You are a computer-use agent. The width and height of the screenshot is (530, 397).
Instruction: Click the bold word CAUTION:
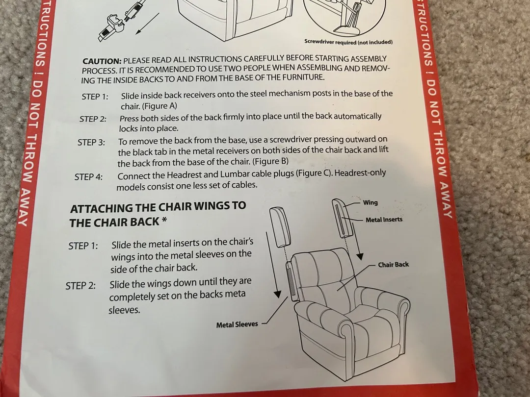(102, 61)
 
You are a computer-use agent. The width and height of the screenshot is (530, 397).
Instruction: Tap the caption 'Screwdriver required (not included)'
(348, 42)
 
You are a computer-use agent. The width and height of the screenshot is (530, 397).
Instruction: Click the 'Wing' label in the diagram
(371, 202)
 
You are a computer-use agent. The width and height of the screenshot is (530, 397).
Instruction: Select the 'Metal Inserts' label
(384, 220)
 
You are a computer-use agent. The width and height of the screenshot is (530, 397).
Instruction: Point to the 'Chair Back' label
(394, 265)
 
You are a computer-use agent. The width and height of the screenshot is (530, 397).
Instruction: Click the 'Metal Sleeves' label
(237, 324)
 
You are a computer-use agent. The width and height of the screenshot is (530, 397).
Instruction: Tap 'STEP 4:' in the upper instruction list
(88, 177)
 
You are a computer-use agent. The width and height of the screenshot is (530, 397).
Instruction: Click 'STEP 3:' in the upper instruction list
(91, 143)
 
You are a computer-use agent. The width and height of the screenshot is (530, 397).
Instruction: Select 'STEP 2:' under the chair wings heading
(80, 286)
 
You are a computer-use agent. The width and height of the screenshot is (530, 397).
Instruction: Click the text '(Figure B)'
(270, 161)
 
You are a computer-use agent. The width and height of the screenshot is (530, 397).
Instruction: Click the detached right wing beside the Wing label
(343, 219)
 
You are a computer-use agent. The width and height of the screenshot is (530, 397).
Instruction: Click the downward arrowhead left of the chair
(277, 294)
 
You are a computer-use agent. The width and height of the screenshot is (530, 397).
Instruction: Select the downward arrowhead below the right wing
(360, 256)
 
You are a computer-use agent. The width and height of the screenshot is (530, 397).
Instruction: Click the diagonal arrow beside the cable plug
(147, 24)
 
